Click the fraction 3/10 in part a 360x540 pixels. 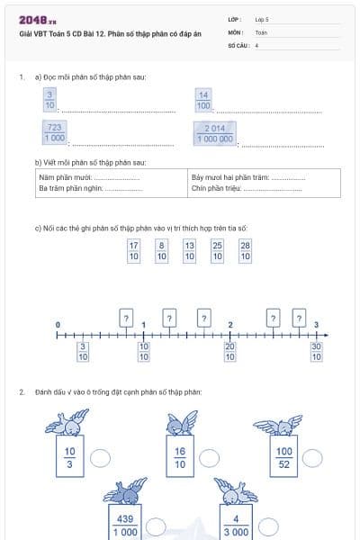coord(49,100)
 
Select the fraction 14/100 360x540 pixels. coord(203,100)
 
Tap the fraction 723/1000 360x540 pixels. coord(54,133)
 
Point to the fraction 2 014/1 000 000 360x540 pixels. coord(214,133)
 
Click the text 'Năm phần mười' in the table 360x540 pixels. coord(60,177)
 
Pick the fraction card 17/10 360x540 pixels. coord(134,250)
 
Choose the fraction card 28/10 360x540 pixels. coord(246,250)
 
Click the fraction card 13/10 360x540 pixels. coord(189,250)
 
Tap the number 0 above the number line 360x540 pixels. coord(58,324)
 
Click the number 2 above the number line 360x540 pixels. coord(230,324)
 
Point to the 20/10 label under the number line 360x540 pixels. coord(230,351)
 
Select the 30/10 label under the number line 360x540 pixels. coord(316,351)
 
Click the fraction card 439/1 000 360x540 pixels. coord(125,526)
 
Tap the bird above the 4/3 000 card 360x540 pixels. coord(237,493)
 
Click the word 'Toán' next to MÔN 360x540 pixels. coord(261,31)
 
